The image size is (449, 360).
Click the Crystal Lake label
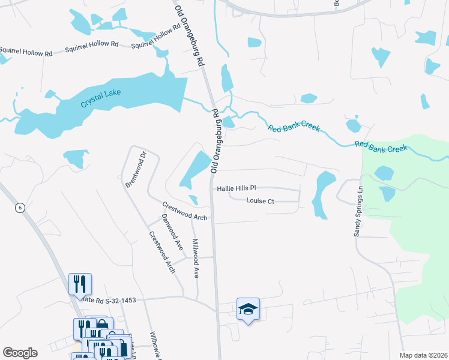[100, 98]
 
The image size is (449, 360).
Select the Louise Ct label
[260, 201]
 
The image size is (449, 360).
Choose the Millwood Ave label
[195, 257]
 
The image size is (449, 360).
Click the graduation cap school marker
[248, 309]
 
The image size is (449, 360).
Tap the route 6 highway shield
[20, 208]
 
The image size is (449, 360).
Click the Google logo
[20, 353]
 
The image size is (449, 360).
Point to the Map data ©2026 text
[423, 355]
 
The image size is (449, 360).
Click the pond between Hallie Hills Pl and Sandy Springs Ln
[324, 193]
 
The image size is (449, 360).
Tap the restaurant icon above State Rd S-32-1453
[80, 284]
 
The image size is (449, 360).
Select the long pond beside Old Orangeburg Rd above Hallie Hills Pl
[195, 168]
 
